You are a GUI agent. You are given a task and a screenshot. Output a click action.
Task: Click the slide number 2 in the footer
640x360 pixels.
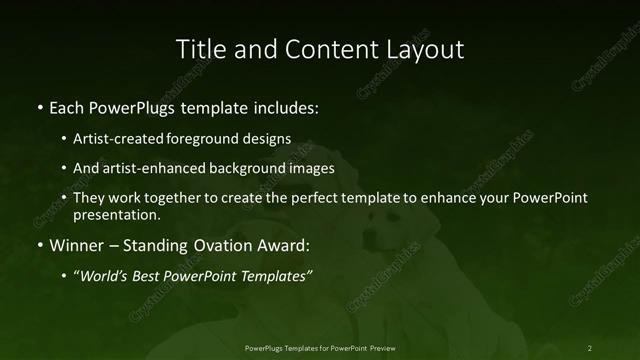(590, 347)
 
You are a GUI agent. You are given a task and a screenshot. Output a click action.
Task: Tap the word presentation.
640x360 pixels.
(116, 214)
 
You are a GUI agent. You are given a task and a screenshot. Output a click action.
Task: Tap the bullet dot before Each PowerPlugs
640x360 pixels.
(38, 107)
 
